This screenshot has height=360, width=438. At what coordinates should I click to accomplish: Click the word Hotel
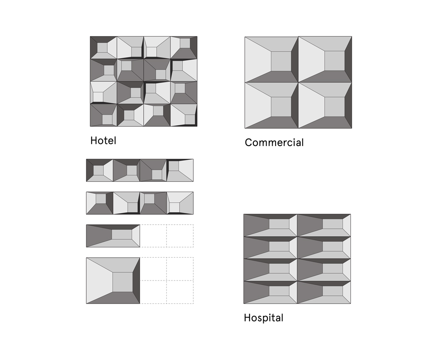[103, 140]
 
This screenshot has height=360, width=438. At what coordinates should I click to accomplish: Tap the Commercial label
[274, 143]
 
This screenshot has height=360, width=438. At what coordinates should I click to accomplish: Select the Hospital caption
[263, 318]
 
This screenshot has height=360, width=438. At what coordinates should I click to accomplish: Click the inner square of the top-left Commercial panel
[281, 61]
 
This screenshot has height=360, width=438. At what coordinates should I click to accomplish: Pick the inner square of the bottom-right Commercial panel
[335, 107]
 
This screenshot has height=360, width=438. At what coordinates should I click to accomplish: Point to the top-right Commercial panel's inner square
[335, 61]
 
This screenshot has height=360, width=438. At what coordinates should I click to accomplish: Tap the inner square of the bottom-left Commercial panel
[281, 107]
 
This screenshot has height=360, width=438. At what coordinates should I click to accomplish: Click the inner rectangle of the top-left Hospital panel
[279, 224]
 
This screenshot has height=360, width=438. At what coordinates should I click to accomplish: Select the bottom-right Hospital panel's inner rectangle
[333, 291]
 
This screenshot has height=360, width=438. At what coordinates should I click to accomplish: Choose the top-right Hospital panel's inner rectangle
[333, 224]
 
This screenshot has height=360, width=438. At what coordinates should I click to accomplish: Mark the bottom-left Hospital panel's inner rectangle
[279, 291]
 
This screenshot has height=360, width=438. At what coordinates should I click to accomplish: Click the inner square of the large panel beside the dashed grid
[123, 282]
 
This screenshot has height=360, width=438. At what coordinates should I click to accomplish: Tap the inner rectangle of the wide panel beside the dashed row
[122, 235]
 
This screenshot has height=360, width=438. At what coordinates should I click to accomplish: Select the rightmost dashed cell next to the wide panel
[180, 236]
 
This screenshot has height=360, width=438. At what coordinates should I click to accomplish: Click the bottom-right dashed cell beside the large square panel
[180, 292]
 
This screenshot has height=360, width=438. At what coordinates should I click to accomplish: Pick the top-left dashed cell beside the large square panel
[153, 269]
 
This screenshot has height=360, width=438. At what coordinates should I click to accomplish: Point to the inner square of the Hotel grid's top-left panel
[102, 48]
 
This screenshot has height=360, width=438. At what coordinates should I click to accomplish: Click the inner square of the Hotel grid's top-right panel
[185, 43]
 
